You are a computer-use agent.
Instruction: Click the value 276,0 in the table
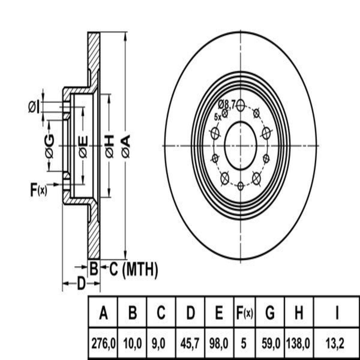coord(103,343)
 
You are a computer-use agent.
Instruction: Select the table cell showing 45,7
coord(190,343)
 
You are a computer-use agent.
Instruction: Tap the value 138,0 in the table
coord(298,343)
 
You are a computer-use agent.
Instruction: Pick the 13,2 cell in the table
coord(337,343)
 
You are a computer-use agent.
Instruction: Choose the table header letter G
coord(270,313)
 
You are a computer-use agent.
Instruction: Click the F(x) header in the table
coord(243,313)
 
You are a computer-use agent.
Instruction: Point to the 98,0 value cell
coord(219,343)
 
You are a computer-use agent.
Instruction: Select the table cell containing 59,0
coord(270,343)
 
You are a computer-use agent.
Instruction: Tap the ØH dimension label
coord(109,146)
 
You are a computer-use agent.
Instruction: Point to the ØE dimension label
coord(83,146)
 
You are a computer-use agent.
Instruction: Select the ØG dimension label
coord(49,146)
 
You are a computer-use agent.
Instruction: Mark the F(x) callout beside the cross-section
coord(38,190)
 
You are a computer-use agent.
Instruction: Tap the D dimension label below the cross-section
coord(81,283)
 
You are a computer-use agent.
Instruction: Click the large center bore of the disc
coord(241,146)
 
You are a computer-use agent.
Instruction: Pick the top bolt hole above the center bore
coord(240,105)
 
